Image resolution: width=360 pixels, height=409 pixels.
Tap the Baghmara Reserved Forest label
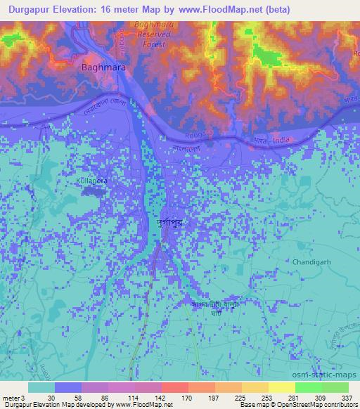click(x=150, y=35)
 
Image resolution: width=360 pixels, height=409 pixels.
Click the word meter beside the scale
click(x=9, y=398)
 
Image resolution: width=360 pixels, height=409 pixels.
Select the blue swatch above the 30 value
click(x=68, y=387)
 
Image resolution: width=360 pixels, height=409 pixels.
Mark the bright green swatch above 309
click(x=308, y=387)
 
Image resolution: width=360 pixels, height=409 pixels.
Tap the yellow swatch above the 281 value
click(x=281, y=387)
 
